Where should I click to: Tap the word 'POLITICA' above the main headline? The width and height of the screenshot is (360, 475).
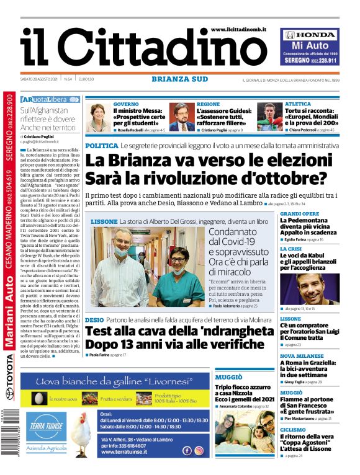pos(101,145)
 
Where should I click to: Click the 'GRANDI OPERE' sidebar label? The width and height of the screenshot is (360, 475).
pos(300,213)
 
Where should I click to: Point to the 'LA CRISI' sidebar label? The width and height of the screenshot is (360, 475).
pos(291,249)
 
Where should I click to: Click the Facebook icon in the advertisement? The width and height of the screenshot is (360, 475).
pos(187,451)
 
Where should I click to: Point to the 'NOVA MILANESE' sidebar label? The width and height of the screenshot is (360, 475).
pos(302,356)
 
